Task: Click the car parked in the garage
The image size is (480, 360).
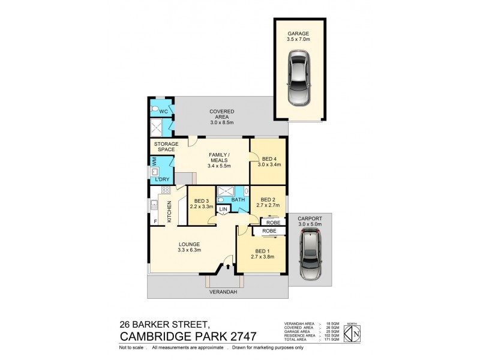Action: (300, 77)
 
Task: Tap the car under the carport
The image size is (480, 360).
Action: (310, 256)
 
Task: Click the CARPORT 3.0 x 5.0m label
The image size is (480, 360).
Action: (310, 221)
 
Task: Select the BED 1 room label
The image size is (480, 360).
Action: (265, 253)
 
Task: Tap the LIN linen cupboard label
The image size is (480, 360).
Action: (223, 209)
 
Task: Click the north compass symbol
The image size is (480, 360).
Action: (355, 331)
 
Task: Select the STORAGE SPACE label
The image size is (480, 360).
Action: (167, 147)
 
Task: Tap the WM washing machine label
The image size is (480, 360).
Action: (155, 162)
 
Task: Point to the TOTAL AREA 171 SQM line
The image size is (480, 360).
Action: (311, 340)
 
